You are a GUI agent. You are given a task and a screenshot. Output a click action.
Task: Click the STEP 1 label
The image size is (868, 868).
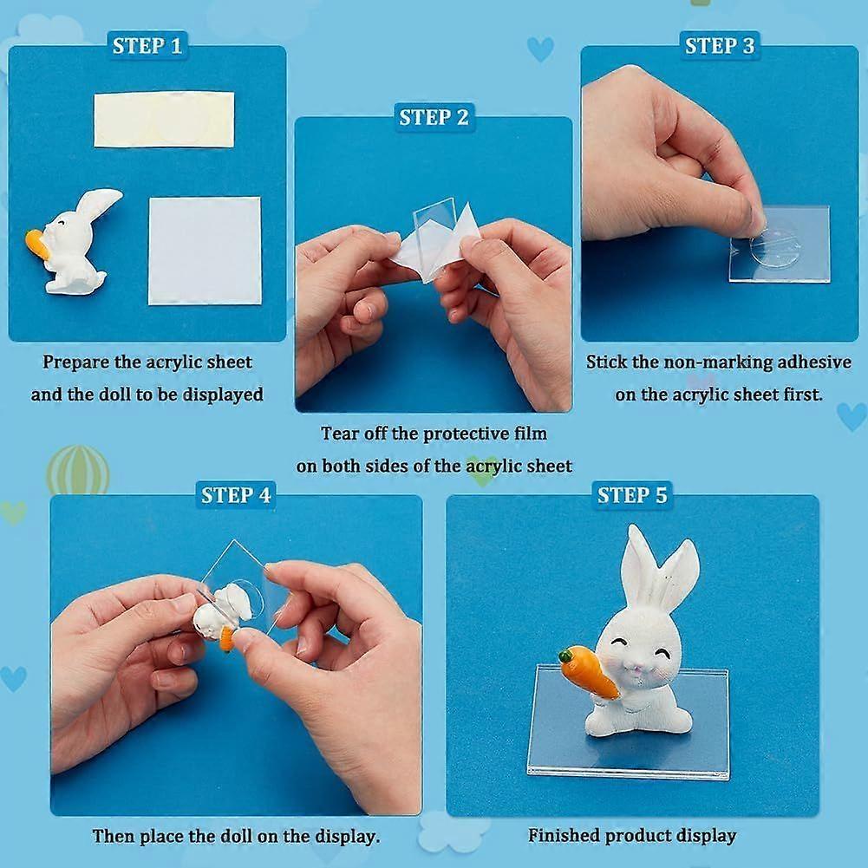(147, 45)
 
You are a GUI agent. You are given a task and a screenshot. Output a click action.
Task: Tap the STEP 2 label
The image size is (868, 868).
(434, 117)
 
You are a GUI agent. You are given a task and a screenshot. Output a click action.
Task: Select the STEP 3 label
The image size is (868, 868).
(720, 45)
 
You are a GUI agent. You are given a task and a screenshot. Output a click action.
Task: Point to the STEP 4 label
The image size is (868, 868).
(236, 495)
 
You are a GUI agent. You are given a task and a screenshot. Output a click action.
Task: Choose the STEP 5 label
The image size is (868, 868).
(632, 495)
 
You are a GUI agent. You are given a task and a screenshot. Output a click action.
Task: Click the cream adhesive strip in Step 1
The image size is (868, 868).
(164, 120)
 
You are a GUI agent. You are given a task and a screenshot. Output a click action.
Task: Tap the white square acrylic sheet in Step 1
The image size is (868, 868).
(205, 251)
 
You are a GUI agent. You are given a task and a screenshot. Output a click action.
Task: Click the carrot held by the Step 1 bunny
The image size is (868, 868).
(36, 244)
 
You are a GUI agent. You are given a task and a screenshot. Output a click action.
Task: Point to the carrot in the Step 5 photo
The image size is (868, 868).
(588, 673)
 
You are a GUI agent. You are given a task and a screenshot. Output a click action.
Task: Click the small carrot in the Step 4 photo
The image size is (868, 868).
(226, 639)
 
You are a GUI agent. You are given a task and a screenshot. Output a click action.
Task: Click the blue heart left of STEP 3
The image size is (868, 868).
(540, 49)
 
